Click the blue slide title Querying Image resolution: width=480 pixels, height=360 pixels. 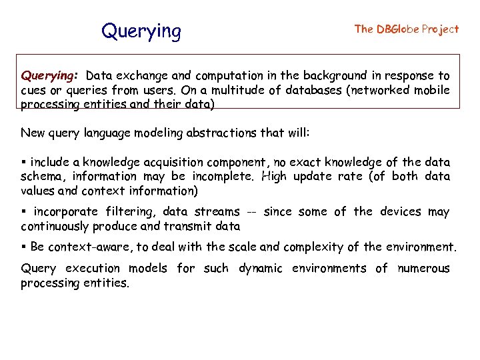pyautogui.click(x=141, y=31)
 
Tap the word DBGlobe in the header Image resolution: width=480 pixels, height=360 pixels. pyautogui.click(x=398, y=29)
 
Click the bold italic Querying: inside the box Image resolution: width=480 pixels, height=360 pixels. pyautogui.click(x=51, y=76)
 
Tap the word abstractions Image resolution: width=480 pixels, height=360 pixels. pyautogui.click(x=213, y=133)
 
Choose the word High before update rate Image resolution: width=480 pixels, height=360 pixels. pyautogui.click(x=277, y=177)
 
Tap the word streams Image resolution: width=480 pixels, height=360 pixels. pyautogui.click(x=217, y=212)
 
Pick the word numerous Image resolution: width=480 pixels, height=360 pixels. pyautogui.click(x=423, y=269)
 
